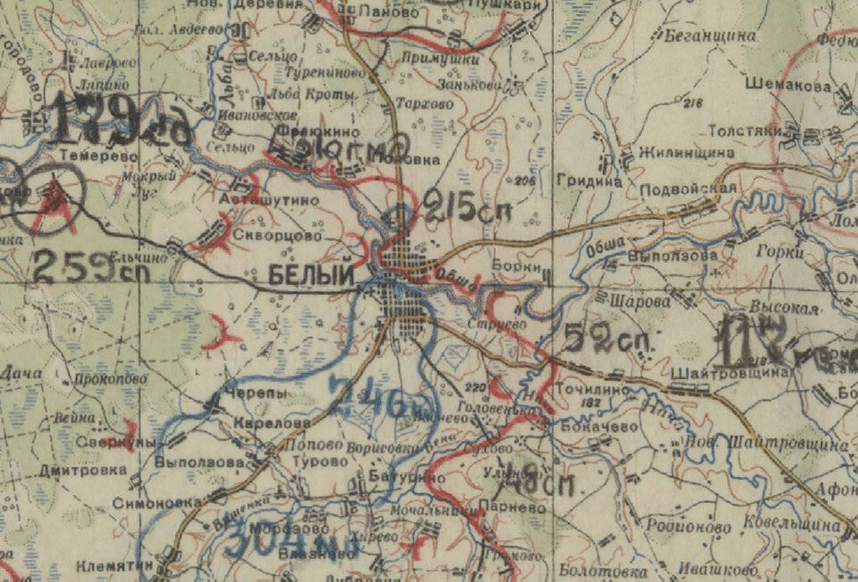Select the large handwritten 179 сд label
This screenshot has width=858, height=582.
tap(120, 122)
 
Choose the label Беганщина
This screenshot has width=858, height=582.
tap(709, 36)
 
